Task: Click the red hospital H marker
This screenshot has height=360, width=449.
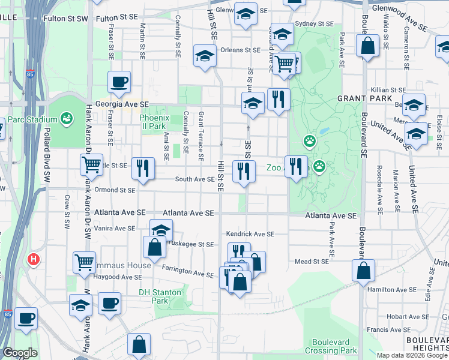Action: (34, 260)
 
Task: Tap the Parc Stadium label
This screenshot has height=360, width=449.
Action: (32, 119)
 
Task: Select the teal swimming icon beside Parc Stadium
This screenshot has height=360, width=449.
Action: (66, 117)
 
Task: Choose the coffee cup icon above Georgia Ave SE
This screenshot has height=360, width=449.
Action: (119, 82)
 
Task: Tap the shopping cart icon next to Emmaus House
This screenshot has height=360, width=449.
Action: (84, 261)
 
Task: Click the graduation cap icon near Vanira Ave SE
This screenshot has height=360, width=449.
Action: (161, 229)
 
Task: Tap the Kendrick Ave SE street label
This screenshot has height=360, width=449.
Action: (250, 234)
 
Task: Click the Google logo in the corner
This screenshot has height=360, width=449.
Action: (20, 353)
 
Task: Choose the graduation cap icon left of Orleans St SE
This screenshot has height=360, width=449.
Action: (205, 56)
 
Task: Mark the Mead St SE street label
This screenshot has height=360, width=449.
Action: (312, 261)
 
